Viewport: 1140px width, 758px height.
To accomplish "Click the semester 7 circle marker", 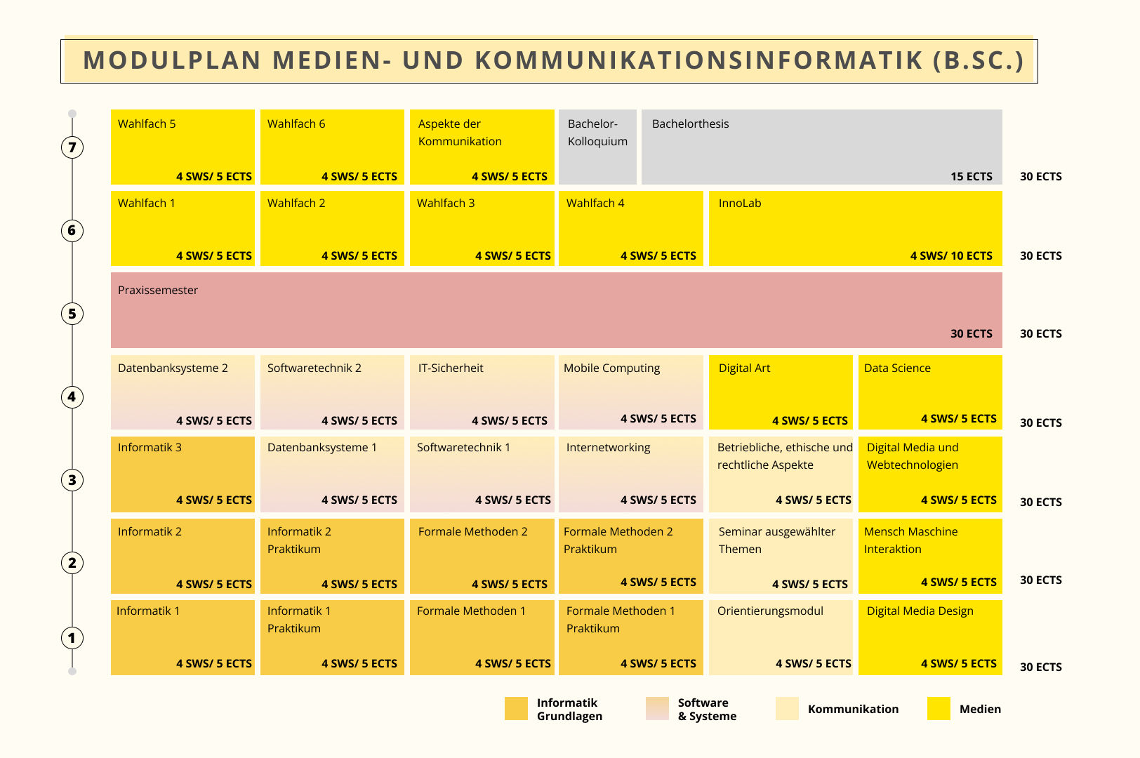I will point(72,147).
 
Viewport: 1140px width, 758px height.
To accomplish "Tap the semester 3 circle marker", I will point(72,480).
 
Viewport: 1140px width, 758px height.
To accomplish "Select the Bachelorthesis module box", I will point(821,147).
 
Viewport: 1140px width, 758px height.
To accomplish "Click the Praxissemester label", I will point(158,291).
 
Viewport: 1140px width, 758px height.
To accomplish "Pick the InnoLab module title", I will point(740,204).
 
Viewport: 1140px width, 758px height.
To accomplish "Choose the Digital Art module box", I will point(781,392).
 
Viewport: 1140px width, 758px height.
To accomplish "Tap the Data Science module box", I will point(930,392).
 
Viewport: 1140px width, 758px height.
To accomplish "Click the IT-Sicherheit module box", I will point(482,392).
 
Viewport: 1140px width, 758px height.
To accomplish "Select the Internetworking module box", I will point(631,474).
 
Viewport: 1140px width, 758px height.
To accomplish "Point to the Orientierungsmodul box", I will point(781,637).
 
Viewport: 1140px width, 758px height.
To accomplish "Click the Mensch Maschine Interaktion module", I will point(930,556).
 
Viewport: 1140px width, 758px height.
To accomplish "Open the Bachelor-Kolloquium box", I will point(597,147).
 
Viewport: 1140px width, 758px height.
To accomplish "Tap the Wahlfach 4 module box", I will point(631,228).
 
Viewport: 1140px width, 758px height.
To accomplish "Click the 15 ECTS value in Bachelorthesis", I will point(972,177).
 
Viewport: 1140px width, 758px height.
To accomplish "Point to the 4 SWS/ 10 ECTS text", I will point(951,256).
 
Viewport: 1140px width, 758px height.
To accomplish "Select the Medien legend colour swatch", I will point(939,709).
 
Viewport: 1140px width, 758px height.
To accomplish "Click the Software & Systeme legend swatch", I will point(658,709).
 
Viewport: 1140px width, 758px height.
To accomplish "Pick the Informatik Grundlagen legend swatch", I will point(516,709).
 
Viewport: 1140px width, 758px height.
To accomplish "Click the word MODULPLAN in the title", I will point(172,60).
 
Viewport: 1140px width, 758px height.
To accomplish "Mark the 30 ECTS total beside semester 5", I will point(1040,334).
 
